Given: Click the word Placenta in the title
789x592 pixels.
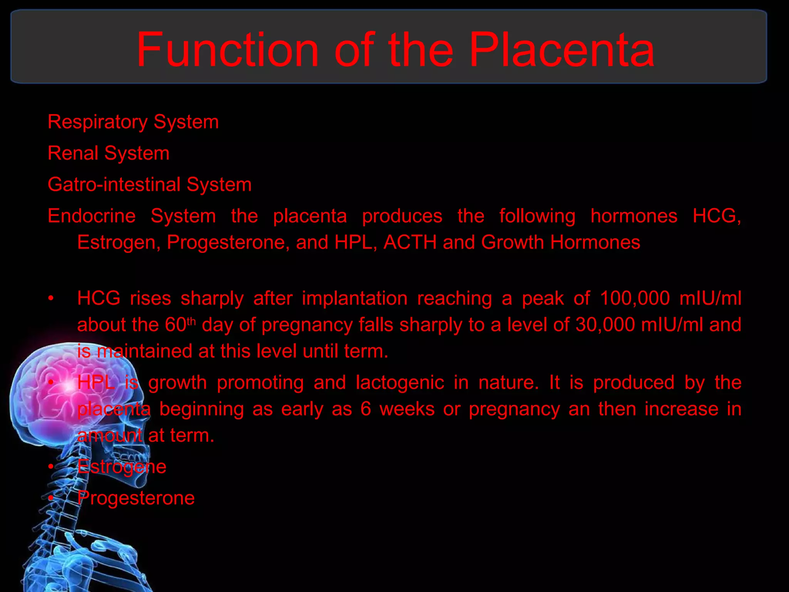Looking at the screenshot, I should tap(562, 50).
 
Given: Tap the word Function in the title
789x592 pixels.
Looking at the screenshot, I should tap(227, 50).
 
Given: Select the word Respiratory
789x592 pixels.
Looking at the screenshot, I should tap(97, 122).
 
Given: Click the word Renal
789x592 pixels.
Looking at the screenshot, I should tap(73, 153).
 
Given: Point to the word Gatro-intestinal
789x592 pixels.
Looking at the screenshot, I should tap(114, 184).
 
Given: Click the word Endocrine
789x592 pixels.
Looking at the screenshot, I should tap(92, 215).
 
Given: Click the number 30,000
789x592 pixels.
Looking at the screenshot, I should tap(605, 325).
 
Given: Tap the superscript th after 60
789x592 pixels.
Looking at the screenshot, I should tap(191, 321).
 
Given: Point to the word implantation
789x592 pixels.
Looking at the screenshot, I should tap(354, 298).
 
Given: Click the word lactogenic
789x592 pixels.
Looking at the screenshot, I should tap(400, 383).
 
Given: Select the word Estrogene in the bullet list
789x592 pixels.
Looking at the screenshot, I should tap(122, 467).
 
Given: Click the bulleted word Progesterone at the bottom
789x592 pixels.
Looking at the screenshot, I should tap(136, 498).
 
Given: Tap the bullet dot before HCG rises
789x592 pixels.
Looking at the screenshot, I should tap(51, 298).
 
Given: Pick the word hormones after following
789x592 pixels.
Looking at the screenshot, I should tap(634, 215).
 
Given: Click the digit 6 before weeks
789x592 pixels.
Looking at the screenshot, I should tap(366, 409).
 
